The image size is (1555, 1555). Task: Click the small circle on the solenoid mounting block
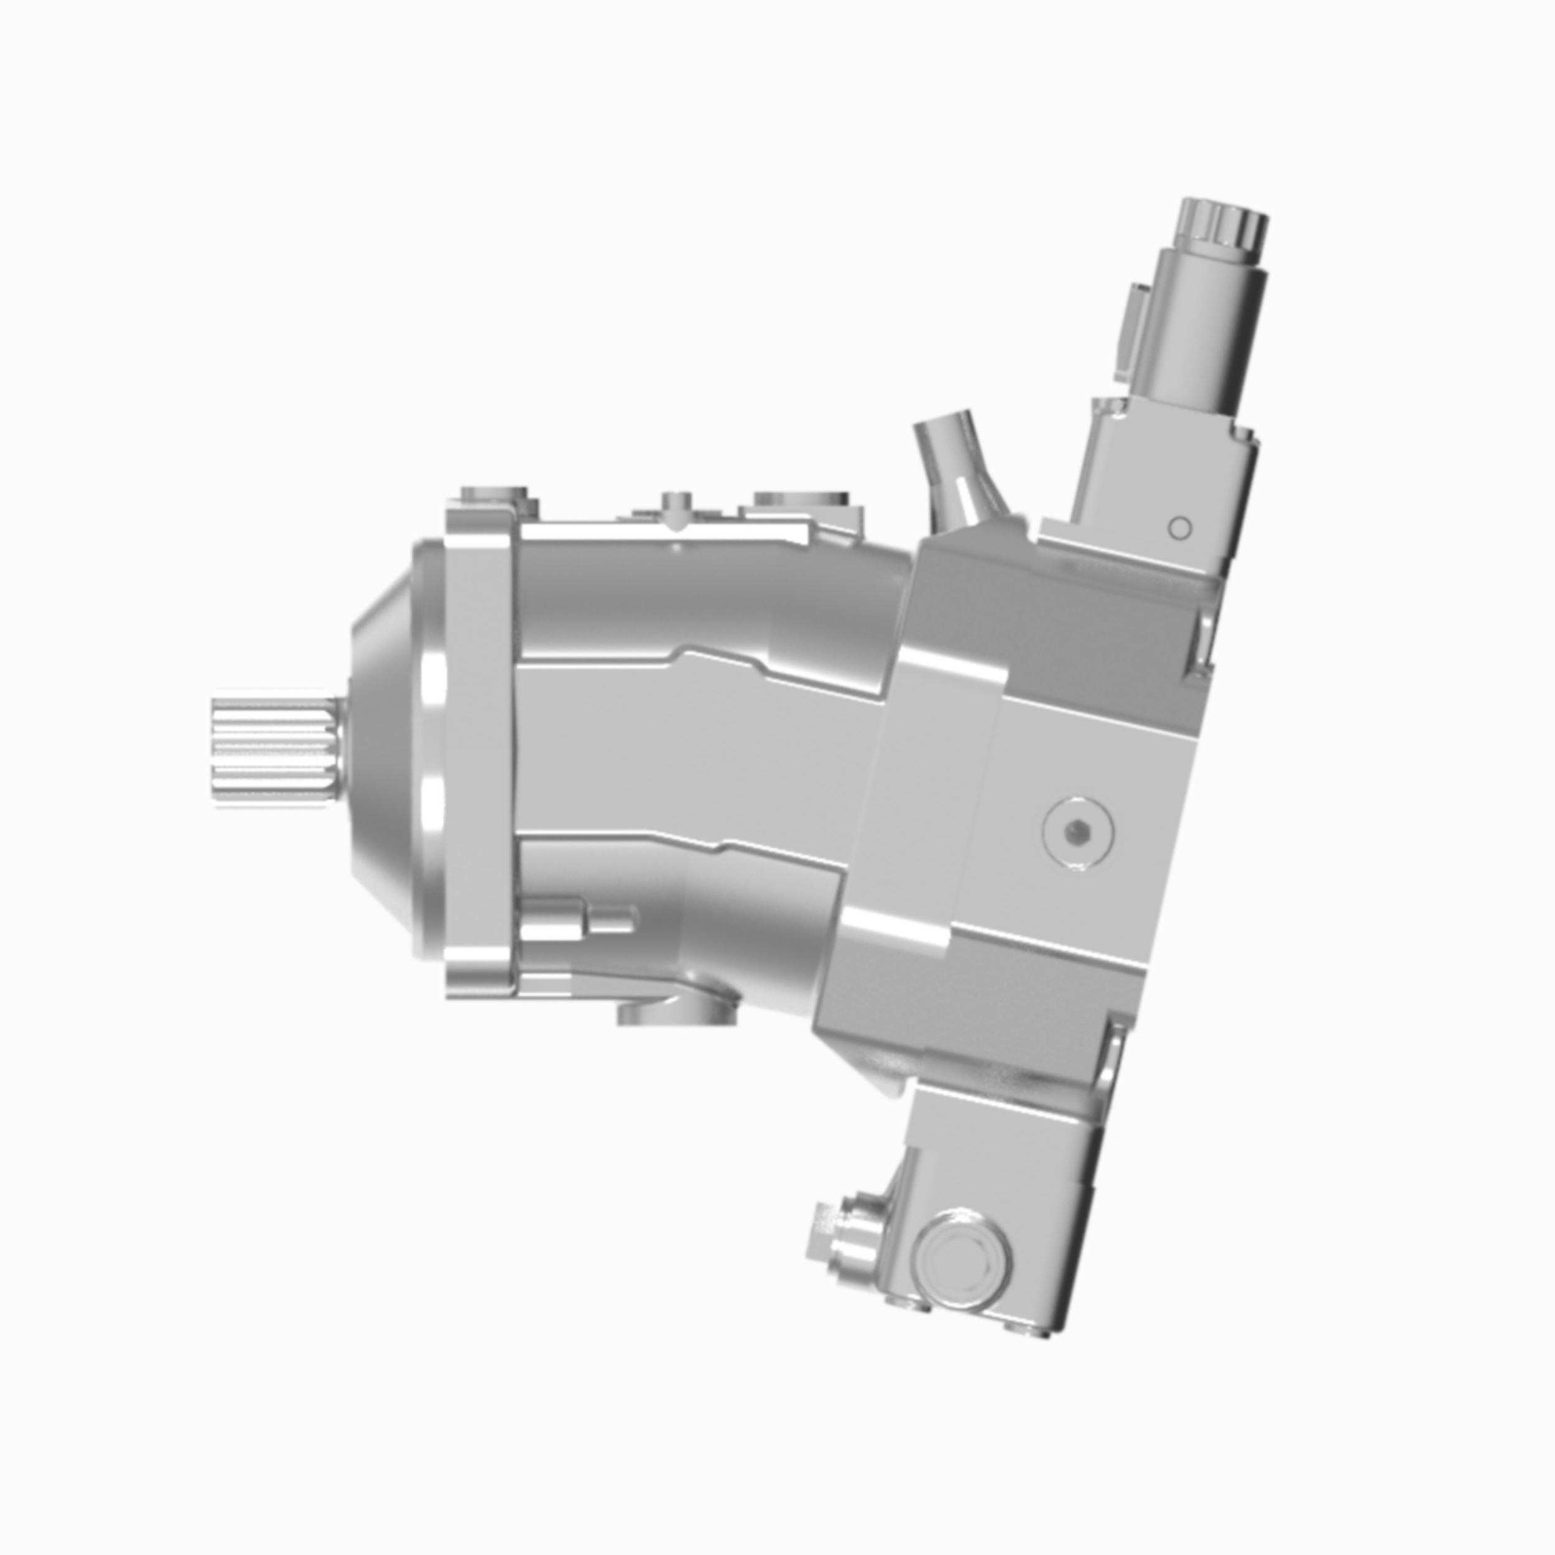(1179, 529)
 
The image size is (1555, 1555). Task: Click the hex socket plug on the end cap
(1076, 835)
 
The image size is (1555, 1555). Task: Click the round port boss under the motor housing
(676, 1011)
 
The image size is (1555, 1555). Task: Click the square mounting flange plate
(478, 748)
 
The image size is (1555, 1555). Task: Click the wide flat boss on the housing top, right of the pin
(801, 501)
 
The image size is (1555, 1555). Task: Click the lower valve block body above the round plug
(1006, 1143)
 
